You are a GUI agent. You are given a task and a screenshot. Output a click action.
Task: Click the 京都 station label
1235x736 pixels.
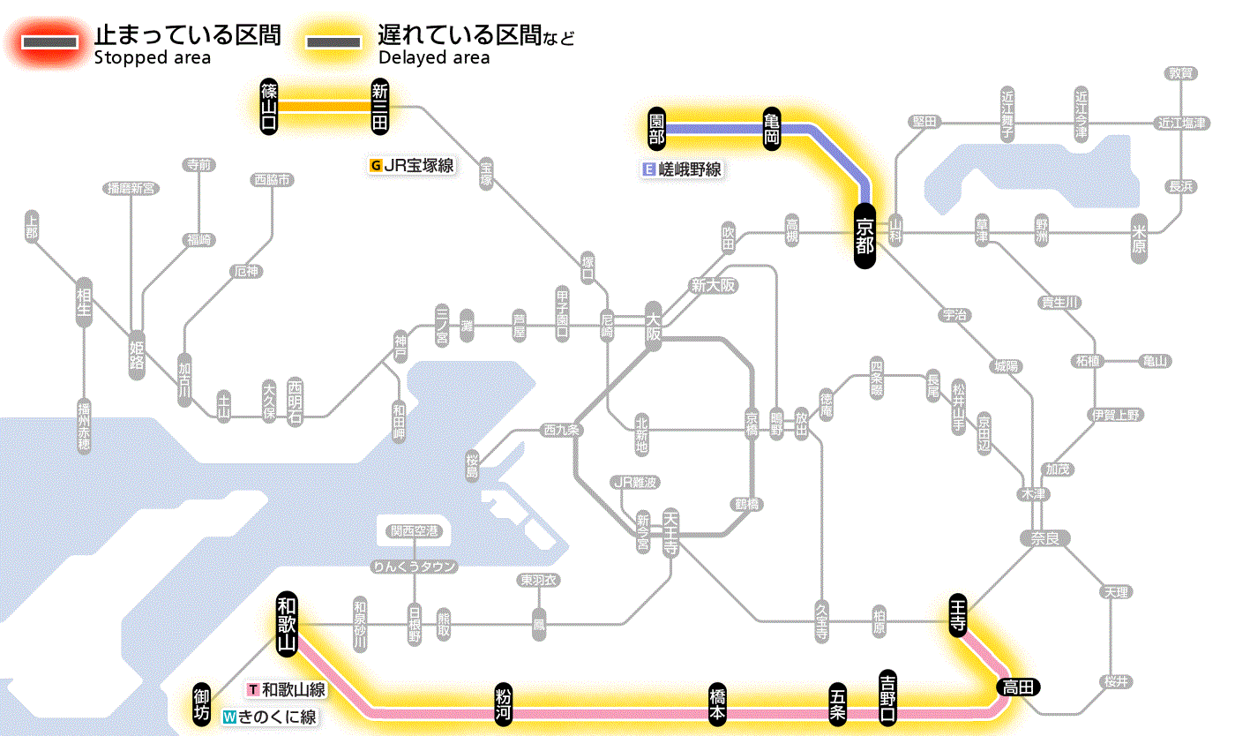pos(864,236)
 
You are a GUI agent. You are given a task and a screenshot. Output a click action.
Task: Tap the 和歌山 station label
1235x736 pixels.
pos(287,622)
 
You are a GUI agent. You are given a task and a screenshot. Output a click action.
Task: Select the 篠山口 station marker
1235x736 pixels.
pos(269,107)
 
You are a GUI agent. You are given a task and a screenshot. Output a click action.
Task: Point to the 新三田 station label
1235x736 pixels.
pos(380,107)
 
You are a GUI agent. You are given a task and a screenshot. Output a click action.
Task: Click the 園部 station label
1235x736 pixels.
pos(656,129)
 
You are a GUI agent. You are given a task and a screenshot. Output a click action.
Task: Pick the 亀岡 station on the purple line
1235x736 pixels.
pos(772,129)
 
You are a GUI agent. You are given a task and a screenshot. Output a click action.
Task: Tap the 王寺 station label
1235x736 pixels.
pos(958,612)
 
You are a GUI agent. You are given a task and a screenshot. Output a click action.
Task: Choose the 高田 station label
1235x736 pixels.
pos(1019,687)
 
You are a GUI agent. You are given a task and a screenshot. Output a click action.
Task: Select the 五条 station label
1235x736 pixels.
pos(838,703)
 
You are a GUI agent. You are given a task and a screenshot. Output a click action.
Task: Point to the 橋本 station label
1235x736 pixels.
pos(719,703)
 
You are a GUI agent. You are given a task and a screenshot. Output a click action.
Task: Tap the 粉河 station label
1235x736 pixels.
pos(504,703)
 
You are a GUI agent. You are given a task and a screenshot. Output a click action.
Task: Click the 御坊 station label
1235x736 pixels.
pos(202,703)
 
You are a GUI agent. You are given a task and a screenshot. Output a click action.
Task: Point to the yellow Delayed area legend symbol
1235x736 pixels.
pos(334,41)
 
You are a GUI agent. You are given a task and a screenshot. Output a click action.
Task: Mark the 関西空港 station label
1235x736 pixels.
pos(414,531)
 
